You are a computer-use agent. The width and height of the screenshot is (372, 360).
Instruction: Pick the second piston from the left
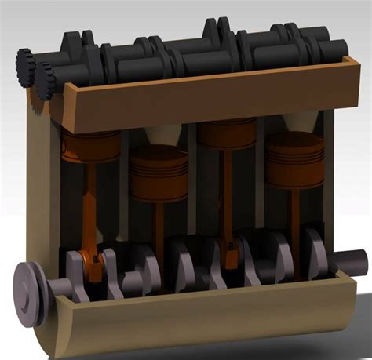159,174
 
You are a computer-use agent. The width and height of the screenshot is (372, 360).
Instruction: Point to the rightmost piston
294,162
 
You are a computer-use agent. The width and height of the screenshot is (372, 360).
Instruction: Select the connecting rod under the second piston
159,224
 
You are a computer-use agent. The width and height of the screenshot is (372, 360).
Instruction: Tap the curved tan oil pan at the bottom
196,322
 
